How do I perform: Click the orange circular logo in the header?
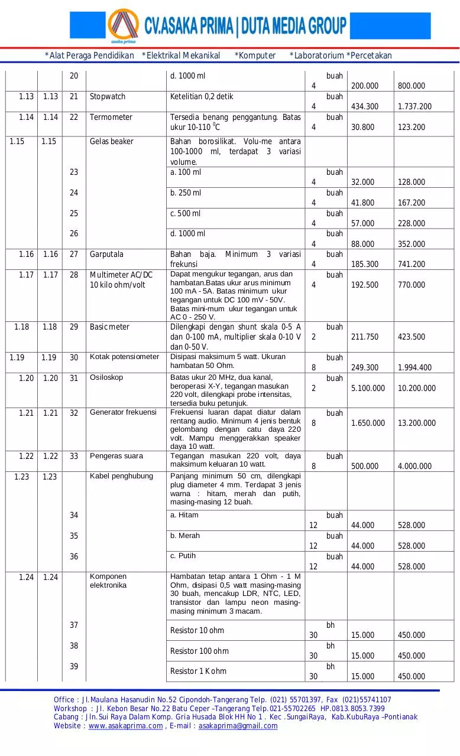click(x=123, y=25)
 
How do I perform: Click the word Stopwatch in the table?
click(x=108, y=96)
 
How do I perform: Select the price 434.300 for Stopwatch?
click(x=364, y=106)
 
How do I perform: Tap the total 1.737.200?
click(x=414, y=106)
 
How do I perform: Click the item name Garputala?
click(x=106, y=254)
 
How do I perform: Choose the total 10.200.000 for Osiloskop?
click(x=417, y=388)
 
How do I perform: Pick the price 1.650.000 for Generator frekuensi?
click(x=368, y=423)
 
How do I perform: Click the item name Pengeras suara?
click(x=116, y=456)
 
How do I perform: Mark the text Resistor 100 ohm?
click(x=199, y=651)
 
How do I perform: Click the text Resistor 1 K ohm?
click(x=198, y=671)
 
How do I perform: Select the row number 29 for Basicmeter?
click(x=74, y=327)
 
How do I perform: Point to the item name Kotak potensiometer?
click(x=124, y=357)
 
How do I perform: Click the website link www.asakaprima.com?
click(x=125, y=726)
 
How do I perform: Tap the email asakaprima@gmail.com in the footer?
click(x=238, y=726)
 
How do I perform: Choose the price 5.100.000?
click(x=368, y=388)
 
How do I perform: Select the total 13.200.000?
click(x=417, y=423)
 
